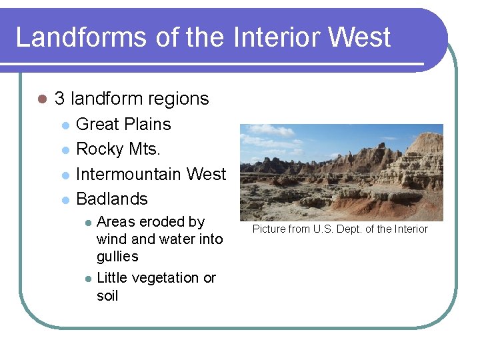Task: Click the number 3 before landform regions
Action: tap(59, 99)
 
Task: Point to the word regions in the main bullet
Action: tap(179, 99)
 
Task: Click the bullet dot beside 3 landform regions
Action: tap(41, 99)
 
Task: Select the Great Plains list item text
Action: tap(123, 124)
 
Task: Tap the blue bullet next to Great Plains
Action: tap(65, 125)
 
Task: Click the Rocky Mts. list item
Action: tap(118, 149)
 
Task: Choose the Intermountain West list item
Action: tap(151, 174)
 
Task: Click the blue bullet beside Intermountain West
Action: tap(65, 175)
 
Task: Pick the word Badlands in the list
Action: tap(112, 199)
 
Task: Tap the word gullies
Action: tap(117, 256)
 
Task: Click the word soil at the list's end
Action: tap(107, 295)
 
